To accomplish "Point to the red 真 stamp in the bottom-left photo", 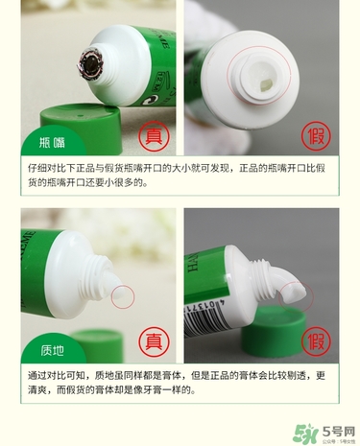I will [x=151, y=338].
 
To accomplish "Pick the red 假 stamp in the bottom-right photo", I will [x=315, y=338].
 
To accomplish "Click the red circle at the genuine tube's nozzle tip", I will [x=123, y=294].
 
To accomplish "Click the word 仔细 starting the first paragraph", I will [x=37, y=169].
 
